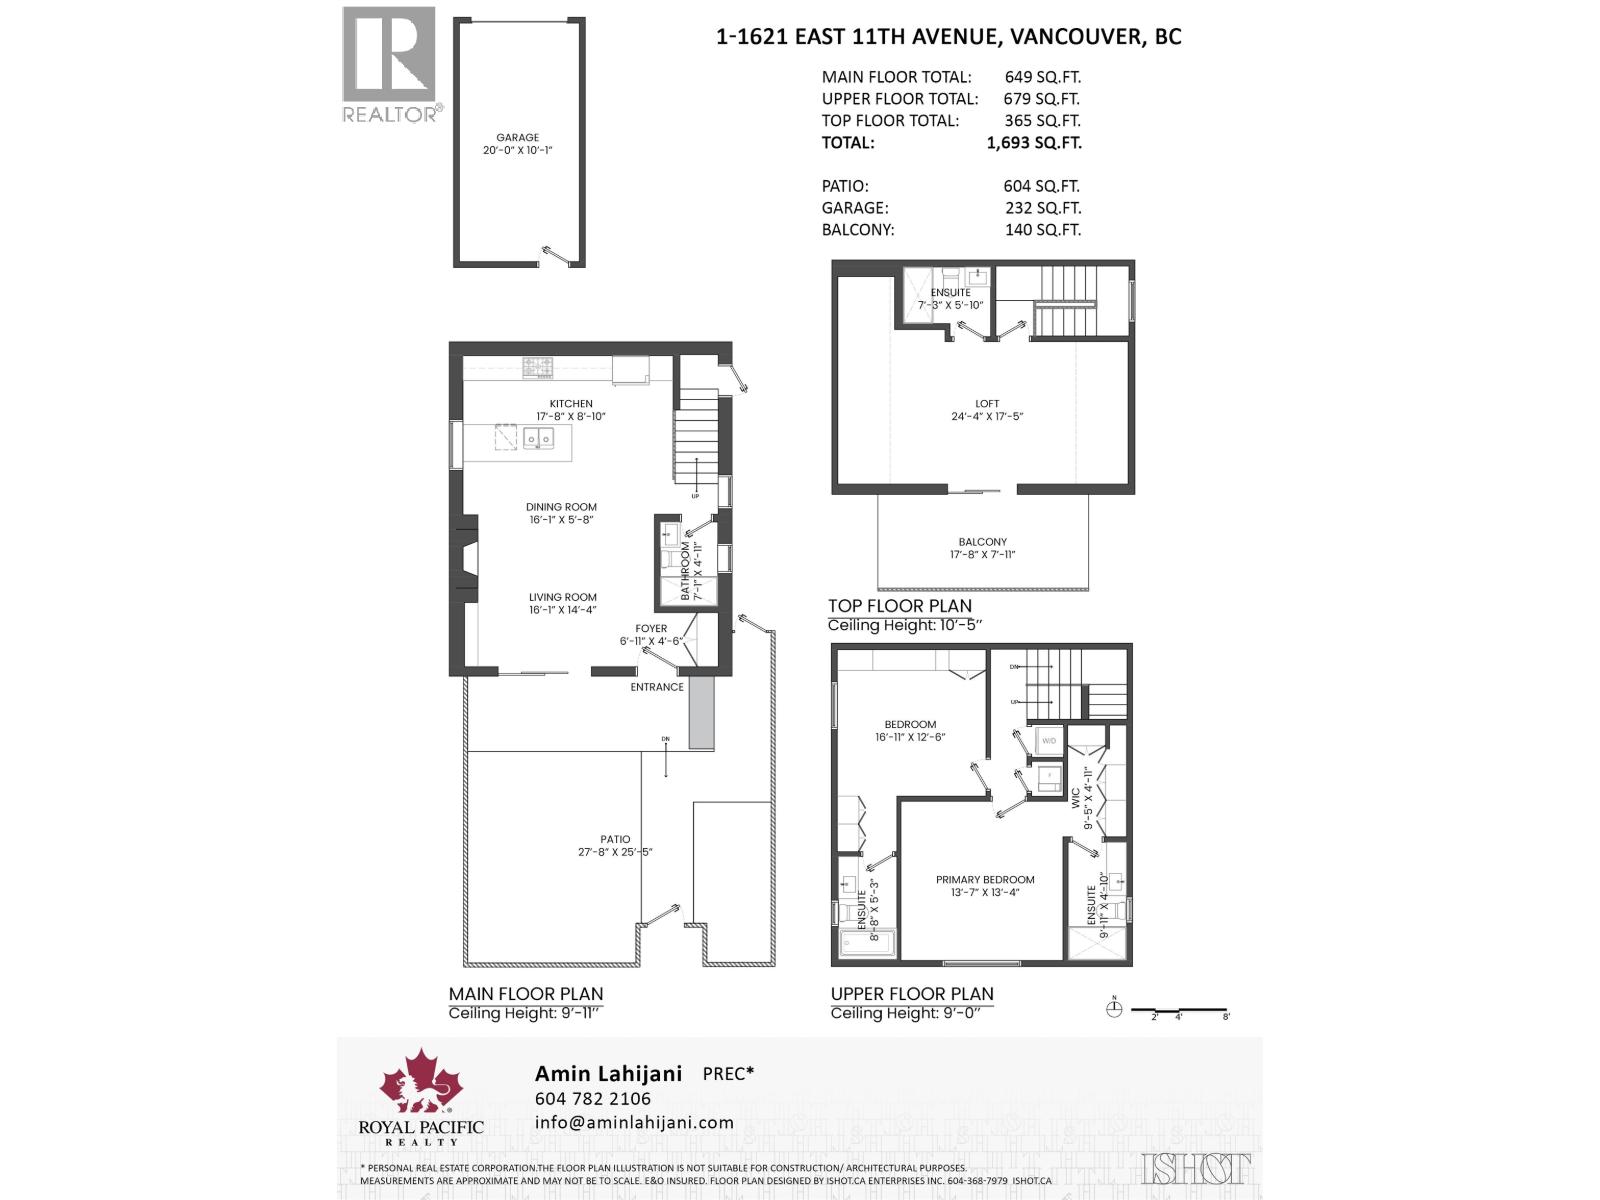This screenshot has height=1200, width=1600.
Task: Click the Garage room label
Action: click(x=517, y=138)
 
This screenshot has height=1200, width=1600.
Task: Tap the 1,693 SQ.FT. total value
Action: click(x=1033, y=142)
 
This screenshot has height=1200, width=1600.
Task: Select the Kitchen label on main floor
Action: click(x=570, y=404)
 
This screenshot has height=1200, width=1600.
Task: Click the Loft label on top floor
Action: click(x=987, y=404)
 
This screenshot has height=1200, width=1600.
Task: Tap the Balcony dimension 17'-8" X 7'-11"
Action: click(x=982, y=554)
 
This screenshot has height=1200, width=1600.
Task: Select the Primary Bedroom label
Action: click(x=985, y=880)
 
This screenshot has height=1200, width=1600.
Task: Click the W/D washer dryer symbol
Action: click(x=1049, y=741)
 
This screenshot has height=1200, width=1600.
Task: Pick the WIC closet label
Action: click(x=1076, y=797)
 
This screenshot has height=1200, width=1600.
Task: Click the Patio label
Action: click(x=615, y=840)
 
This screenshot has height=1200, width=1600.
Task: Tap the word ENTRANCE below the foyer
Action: click(x=657, y=687)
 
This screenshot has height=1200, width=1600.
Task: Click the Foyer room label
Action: click(x=650, y=629)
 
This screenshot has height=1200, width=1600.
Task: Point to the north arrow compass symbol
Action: click(x=1115, y=1010)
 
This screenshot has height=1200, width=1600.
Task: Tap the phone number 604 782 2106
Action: click(x=592, y=1099)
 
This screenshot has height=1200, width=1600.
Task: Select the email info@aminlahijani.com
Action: click(x=634, y=1123)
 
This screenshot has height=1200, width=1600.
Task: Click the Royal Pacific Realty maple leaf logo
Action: click(x=420, y=1083)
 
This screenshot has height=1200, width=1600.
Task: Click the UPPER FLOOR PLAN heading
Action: click(x=912, y=994)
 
